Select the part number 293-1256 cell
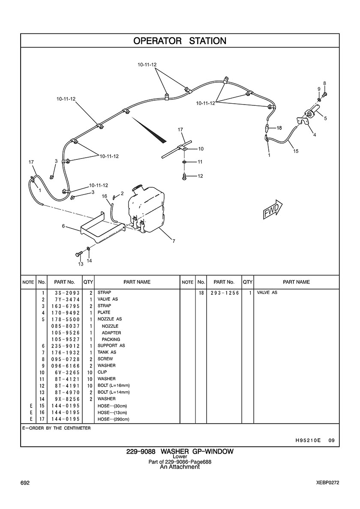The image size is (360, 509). pyautogui.click(x=224, y=293)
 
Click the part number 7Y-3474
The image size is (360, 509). pyautogui.click(x=65, y=299)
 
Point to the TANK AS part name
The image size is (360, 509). pyautogui.click(x=107, y=352)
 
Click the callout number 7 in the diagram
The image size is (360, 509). pyautogui.click(x=174, y=241)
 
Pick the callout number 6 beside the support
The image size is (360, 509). pyautogui.click(x=63, y=226)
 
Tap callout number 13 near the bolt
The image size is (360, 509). pyautogui.click(x=80, y=264)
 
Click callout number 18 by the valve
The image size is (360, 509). pyautogui.click(x=279, y=128)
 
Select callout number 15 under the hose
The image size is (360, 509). pyautogui.click(x=296, y=151)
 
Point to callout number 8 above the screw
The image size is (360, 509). pyautogui.click(x=324, y=83)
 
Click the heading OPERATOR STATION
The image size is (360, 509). pyautogui.click(x=180, y=41)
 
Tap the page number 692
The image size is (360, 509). pyautogui.click(x=25, y=483)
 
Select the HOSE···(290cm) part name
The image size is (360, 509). pyautogui.click(x=113, y=419)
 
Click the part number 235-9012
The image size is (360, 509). pyautogui.click(x=65, y=346)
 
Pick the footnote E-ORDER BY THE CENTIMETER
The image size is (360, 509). pyautogui.click(x=56, y=428)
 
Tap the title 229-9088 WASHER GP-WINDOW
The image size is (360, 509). pyautogui.click(x=180, y=452)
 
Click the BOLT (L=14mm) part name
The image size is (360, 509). pyautogui.click(x=114, y=392)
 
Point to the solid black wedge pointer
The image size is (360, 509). pyautogui.click(x=150, y=130)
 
